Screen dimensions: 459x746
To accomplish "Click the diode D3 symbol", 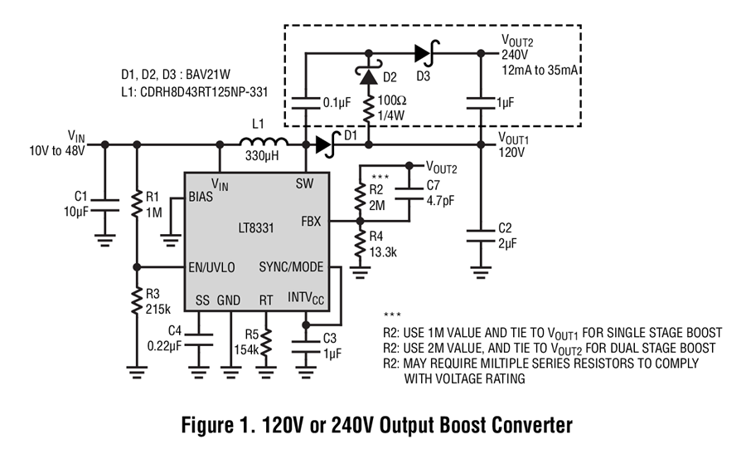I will click(424, 54).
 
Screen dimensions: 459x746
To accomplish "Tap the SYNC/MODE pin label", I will click(291, 267).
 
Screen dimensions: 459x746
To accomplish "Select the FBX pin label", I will click(313, 222).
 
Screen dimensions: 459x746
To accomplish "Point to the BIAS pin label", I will click(201, 198).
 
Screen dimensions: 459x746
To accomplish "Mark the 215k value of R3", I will click(159, 307).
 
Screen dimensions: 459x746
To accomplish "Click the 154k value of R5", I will click(245, 348).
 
